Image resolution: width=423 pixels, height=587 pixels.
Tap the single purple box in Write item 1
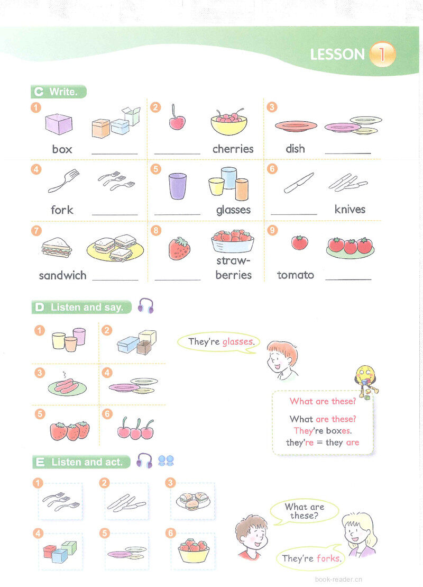59,124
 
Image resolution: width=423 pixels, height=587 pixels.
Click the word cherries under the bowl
233,149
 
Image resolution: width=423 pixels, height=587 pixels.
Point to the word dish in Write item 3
295,149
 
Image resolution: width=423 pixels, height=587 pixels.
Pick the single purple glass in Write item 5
178,186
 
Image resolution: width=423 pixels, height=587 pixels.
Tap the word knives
350,210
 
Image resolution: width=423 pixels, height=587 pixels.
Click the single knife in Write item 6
298,183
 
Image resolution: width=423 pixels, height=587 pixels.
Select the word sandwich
62,275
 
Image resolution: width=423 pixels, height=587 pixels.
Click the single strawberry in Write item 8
179,248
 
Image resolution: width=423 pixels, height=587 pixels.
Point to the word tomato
296,275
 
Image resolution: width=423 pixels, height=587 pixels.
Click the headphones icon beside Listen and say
145,306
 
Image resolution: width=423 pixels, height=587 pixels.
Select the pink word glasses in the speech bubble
237,342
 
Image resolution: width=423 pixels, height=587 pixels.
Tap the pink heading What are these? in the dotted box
323,402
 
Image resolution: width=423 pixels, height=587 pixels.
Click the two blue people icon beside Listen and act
166,461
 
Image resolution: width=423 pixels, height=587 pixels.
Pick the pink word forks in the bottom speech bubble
328,558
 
